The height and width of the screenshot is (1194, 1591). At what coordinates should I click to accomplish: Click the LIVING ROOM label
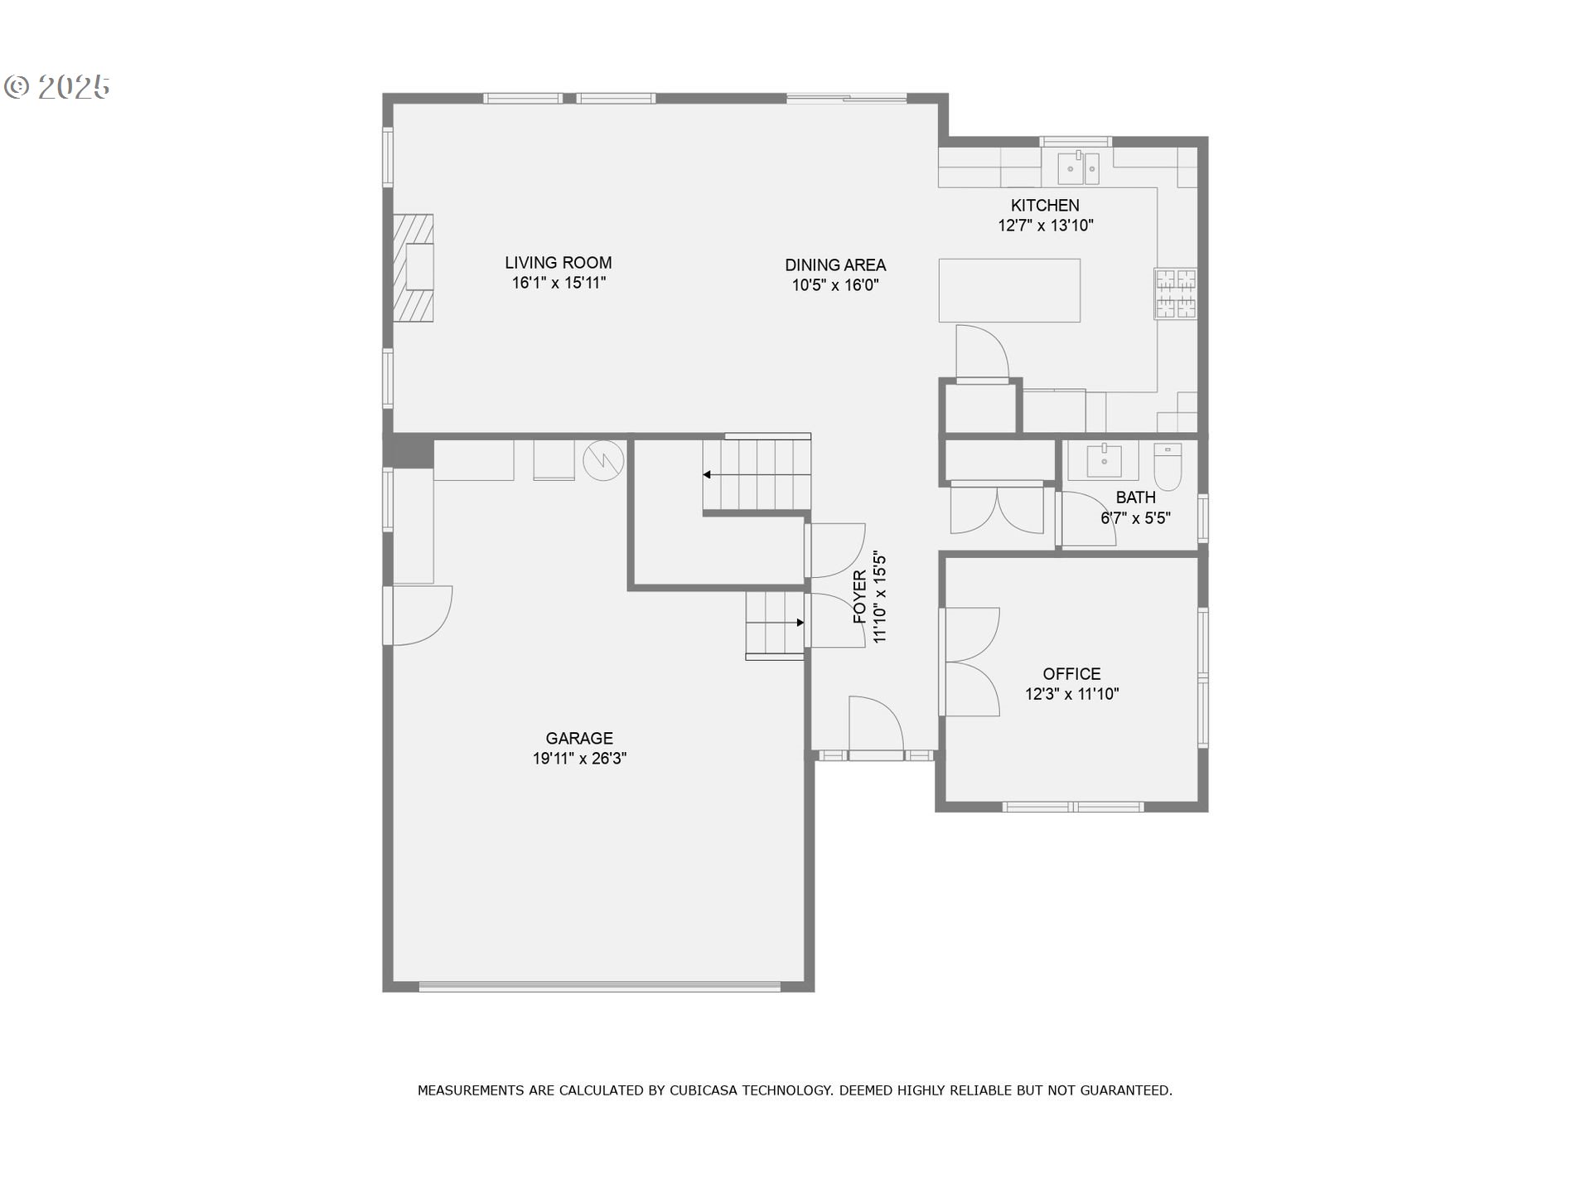click(559, 263)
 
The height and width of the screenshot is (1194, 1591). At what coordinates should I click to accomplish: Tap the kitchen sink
click(1078, 168)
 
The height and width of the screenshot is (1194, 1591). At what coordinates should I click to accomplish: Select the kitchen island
click(1009, 290)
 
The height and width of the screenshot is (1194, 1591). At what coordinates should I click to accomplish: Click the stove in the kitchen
click(1176, 294)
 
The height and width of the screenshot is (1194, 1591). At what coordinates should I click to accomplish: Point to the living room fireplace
click(413, 268)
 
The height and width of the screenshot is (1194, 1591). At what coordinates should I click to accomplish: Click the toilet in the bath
click(1168, 467)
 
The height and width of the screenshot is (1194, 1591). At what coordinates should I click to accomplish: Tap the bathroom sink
click(1104, 460)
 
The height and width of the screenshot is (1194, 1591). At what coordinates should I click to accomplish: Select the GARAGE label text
click(579, 738)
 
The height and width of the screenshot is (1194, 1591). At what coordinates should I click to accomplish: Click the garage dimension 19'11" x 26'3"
click(579, 759)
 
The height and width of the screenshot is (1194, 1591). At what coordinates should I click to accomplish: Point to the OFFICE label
click(1071, 674)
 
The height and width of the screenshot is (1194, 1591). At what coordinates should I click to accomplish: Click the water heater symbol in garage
click(603, 460)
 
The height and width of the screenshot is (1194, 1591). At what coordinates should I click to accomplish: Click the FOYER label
click(859, 597)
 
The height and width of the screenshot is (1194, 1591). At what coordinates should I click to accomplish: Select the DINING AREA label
click(835, 265)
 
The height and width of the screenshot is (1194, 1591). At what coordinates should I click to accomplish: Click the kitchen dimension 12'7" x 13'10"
click(1046, 226)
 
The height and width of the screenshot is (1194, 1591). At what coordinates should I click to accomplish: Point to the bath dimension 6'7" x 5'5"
click(1135, 518)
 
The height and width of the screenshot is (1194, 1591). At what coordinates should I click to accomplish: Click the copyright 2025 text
click(57, 87)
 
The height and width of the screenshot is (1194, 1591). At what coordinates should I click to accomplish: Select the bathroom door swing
click(1088, 519)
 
